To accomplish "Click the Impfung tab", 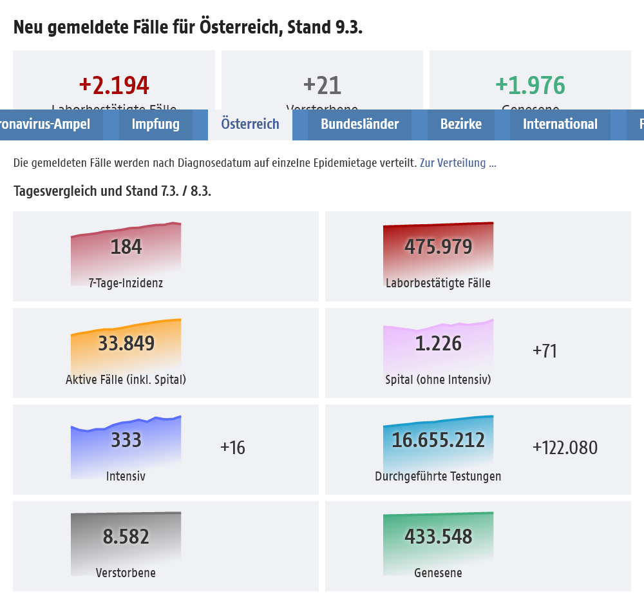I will [156, 124].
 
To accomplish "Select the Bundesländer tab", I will [360, 124].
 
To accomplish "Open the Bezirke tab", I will [461, 124].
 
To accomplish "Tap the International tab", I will [560, 124].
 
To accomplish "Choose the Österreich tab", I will [250, 124].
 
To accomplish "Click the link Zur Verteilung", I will [458, 163].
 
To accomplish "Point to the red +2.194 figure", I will [114, 85].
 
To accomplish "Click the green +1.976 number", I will [530, 85].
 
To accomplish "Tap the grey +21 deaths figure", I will [322, 85].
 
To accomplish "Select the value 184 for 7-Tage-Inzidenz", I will [126, 247].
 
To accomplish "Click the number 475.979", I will [439, 247].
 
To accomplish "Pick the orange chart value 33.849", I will [126, 343].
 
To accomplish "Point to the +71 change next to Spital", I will [545, 351].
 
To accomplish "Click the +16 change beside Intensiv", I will [232, 448].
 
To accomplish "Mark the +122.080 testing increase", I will [565, 448].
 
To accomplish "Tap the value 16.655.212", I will [439, 440].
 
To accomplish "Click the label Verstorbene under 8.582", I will [126, 573].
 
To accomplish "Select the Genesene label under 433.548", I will [438, 573].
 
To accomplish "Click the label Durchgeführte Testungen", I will [438, 476].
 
